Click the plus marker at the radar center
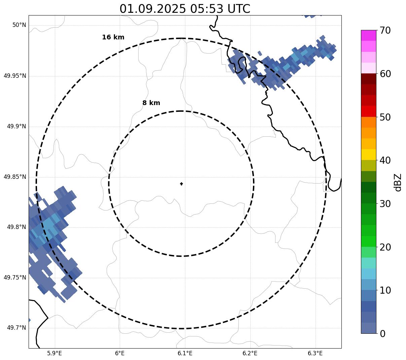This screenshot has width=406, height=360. coord(181,184)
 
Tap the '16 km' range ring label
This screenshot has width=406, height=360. coord(113,37)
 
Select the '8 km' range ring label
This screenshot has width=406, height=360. coord(151,103)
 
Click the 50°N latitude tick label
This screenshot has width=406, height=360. coord(19,25)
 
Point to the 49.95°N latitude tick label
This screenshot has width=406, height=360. coord(15,76)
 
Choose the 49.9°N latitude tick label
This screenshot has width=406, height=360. coord(16,126)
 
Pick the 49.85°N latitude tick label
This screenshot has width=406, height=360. coord(15,177)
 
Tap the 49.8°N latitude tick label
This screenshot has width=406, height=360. coord(16,227)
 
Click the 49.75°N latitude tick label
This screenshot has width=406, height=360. coord(15,277)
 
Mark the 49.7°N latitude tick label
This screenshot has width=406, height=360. coord(16,328)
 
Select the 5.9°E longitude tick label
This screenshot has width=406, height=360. coord(54,353)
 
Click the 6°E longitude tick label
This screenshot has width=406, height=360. coord(120,353)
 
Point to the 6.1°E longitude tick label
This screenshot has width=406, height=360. coord(185,353)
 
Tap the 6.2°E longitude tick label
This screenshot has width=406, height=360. coord(250,353)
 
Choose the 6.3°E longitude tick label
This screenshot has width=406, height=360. coord(315,353)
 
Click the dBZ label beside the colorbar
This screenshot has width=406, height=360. coord(398,182)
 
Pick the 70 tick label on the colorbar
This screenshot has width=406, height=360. coord(385,31)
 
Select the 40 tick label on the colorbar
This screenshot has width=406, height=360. coord(385,160)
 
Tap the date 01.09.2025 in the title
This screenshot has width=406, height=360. coord(152,9)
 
